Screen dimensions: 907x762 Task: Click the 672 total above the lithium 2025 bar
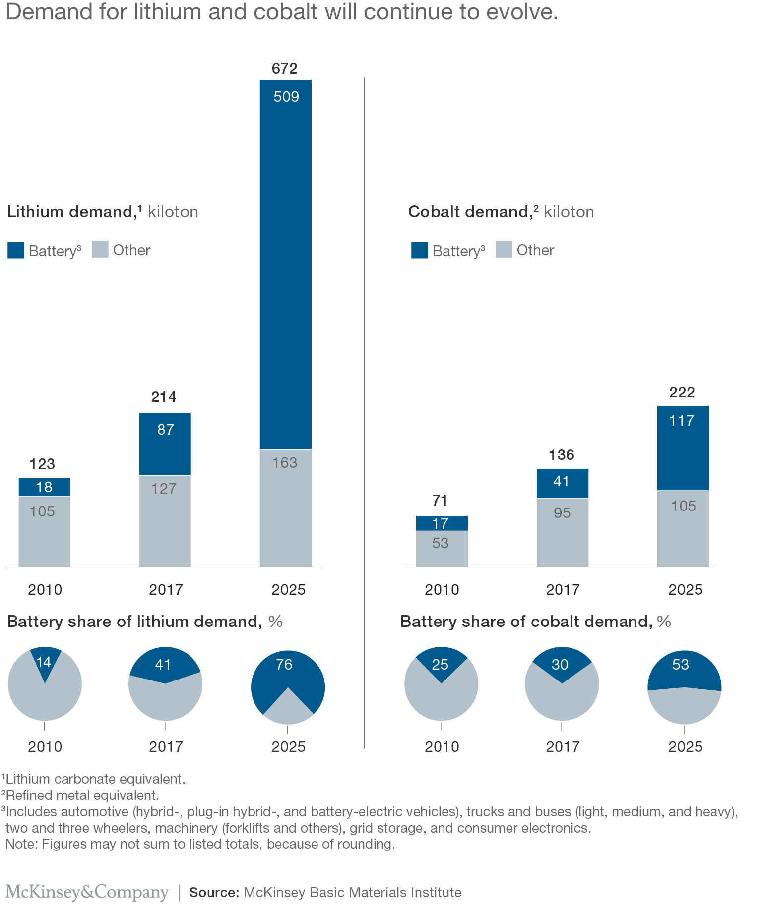(x=285, y=69)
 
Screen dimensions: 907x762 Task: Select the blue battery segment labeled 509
(x=286, y=263)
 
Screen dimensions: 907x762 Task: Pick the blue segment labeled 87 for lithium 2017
(x=165, y=444)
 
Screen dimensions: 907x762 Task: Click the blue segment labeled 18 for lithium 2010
(x=45, y=487)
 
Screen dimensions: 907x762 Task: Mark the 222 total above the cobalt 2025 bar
(x=682, y=393)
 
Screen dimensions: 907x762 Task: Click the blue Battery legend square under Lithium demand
(x=16, y=250)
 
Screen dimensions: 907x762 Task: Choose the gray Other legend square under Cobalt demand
(x=504, y=250)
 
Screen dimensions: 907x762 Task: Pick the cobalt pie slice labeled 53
(x=684, y=667)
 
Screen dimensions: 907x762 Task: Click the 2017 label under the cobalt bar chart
(x=563, y=590)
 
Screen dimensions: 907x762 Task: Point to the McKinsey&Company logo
(x=87, y=892)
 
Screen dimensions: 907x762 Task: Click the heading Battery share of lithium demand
(x=134, y=622)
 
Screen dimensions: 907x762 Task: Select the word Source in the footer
(x=214, y=893)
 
